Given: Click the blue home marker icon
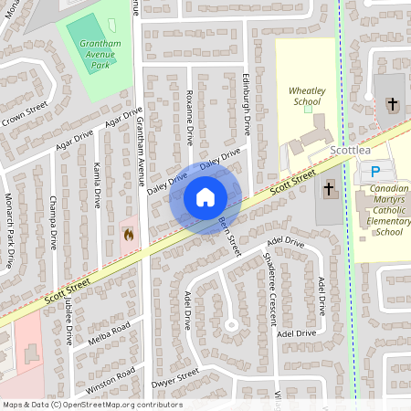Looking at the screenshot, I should coord(205,197).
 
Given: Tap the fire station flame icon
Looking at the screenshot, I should coord(128,235).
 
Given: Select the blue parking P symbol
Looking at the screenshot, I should coord(374,173).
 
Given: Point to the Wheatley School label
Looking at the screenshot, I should coord(306,97).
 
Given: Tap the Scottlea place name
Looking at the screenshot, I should coord(350,152).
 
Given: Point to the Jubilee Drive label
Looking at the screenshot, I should coord(68,321).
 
